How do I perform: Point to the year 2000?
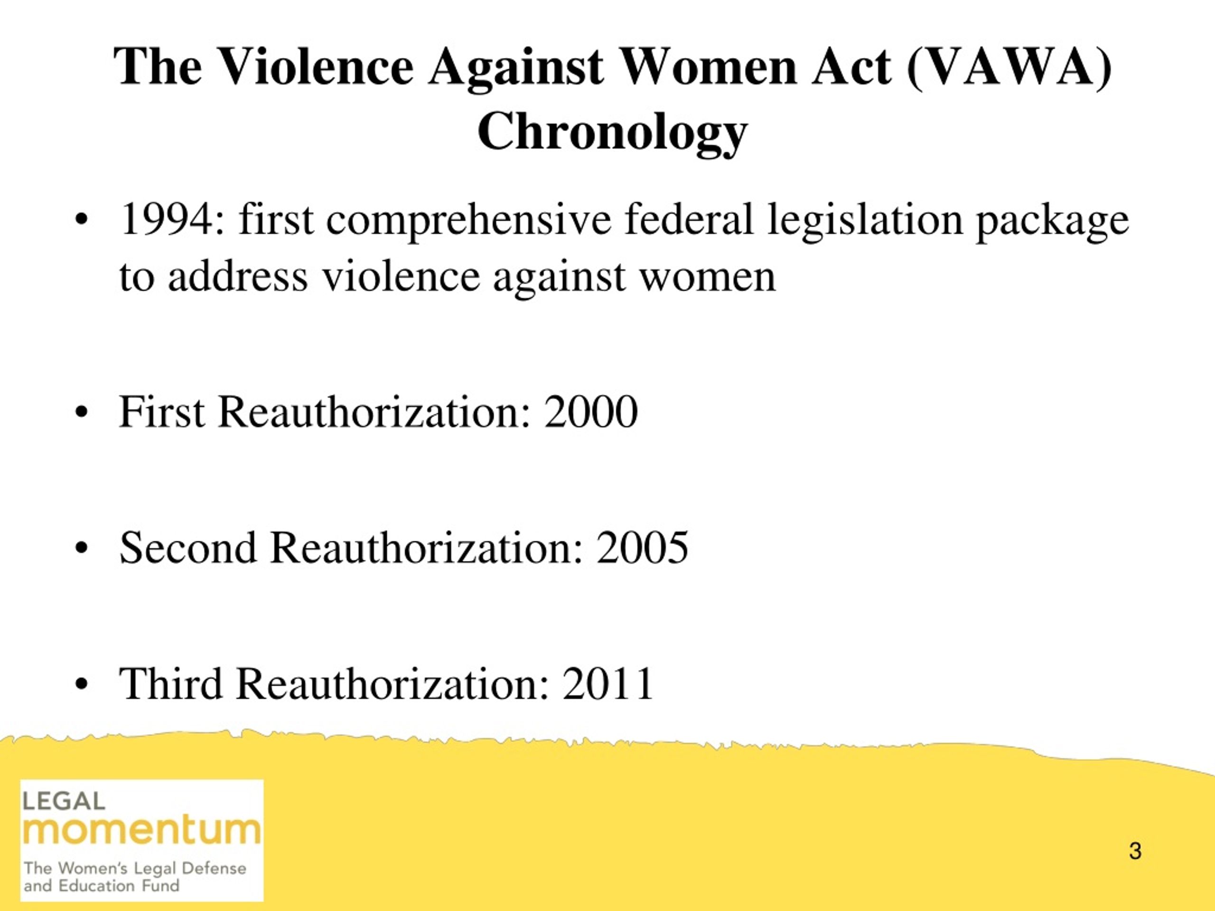591,412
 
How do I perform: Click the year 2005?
642,548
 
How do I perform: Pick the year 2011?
607,684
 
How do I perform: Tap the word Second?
188,548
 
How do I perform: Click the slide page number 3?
1135,851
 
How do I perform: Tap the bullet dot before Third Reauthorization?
81,685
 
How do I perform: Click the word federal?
689,219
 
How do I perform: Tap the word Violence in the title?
315,66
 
